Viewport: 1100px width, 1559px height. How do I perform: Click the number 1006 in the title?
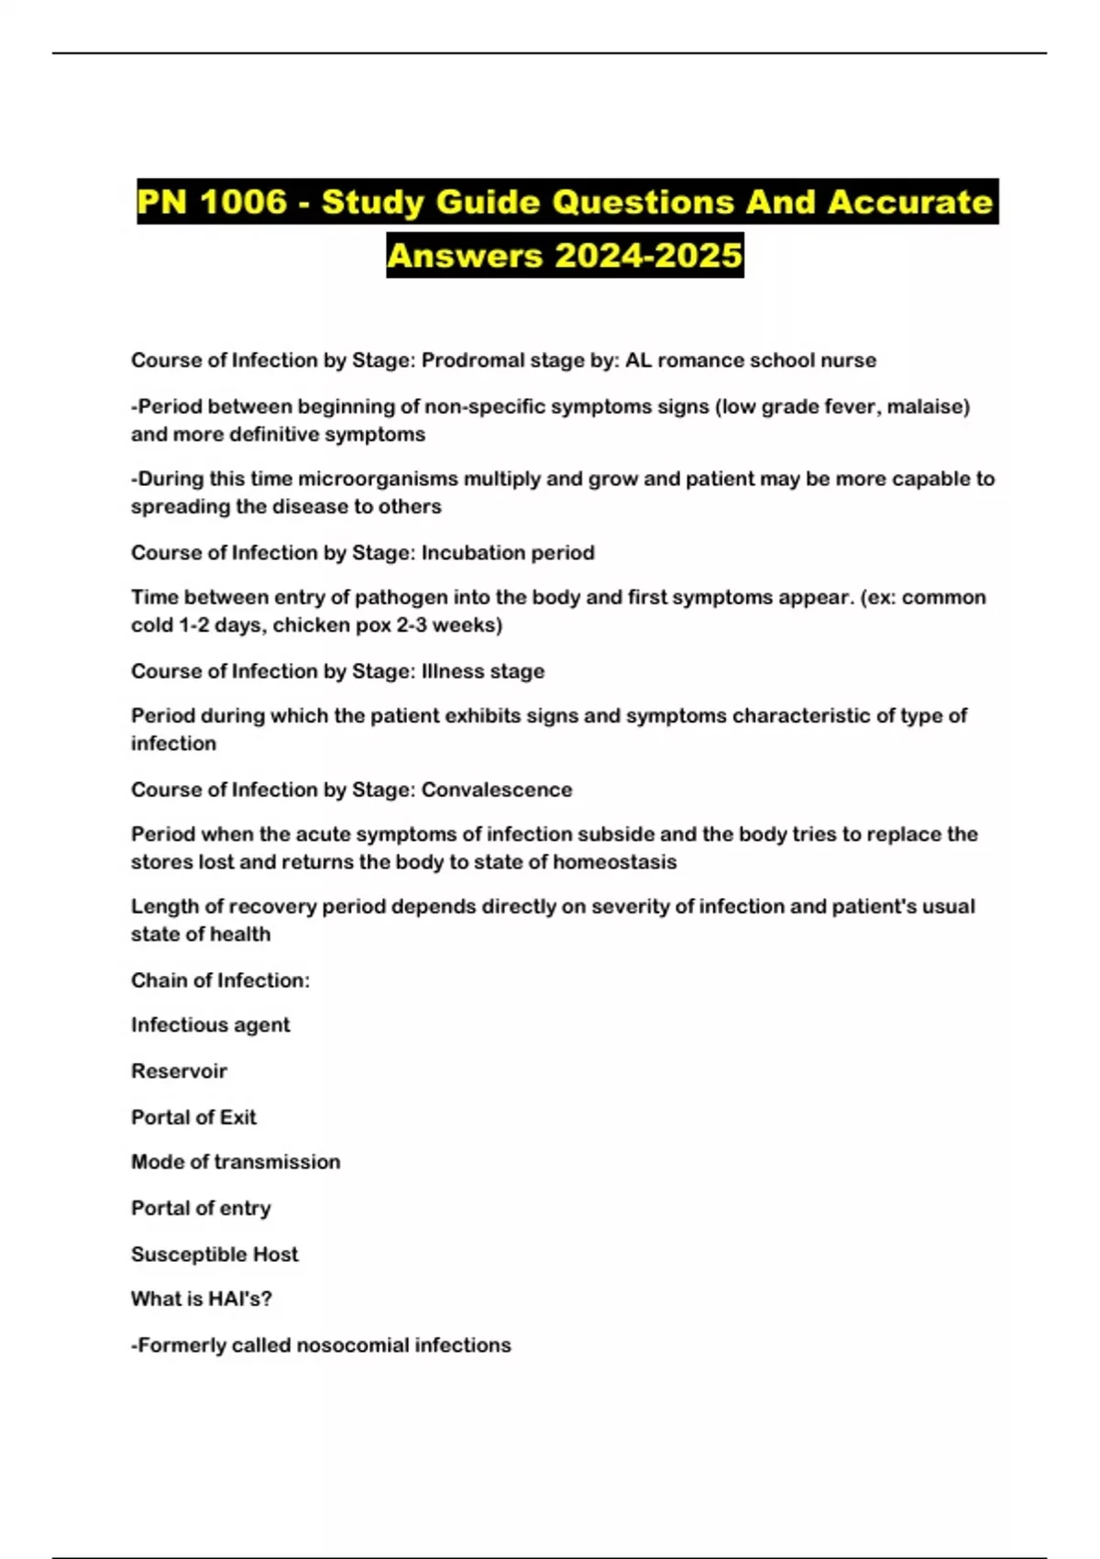[x=243, y=202]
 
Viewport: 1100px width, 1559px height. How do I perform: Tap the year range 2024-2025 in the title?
[x=648, y=254]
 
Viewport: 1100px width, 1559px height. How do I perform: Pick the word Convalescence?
[x=497, y=790]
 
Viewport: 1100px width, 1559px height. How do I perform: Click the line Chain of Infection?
[x=220, y=980]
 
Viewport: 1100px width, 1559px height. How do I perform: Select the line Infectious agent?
[x=210, y=1025]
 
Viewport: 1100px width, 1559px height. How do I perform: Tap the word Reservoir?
[x=179, y=1071]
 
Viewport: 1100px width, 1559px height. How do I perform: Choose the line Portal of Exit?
[x=193, y=1117]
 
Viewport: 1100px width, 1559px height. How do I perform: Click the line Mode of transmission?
[x=236, y=1162]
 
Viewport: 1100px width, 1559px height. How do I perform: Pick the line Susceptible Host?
[x=214, y=1254]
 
